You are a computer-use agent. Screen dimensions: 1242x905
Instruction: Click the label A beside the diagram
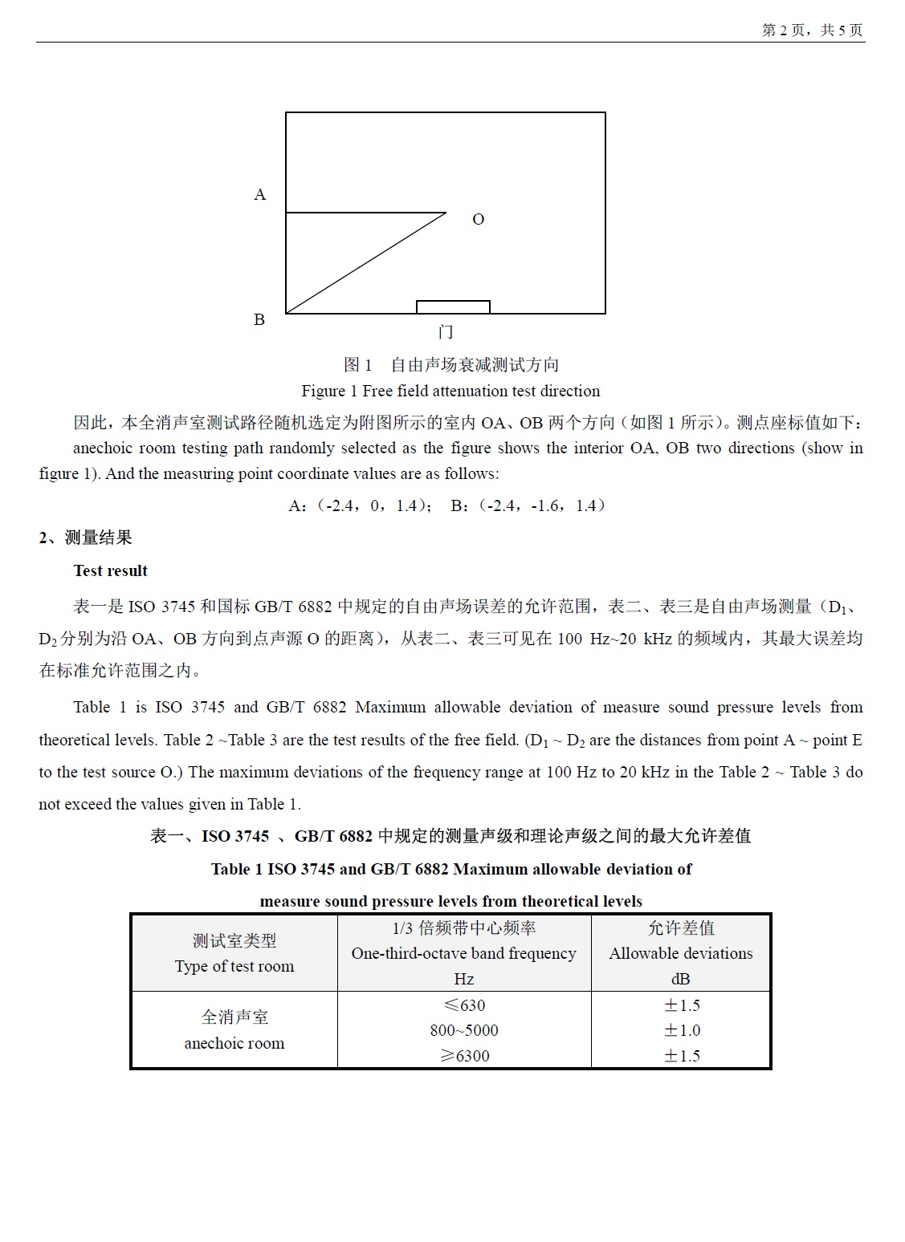[259, 195]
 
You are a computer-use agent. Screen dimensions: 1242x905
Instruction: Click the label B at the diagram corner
[259, 320]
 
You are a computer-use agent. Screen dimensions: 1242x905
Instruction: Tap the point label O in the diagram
[478, 220]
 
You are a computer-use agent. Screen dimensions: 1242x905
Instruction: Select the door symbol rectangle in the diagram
[453, 306]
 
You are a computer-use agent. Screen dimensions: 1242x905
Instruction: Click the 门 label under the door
[446, 332]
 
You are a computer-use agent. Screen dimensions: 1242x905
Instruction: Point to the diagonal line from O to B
[366, 263]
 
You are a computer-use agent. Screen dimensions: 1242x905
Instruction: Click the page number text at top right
[812, 30]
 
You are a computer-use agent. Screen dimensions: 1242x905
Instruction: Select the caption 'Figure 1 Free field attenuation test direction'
[450, 392]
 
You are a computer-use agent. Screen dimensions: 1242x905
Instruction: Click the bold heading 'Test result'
[111, 571]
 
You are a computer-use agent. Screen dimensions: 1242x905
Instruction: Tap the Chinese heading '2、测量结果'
[85, 538]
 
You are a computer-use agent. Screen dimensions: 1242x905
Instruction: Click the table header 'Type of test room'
[234, 967]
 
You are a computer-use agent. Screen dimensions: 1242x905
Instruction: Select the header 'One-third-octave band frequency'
[463, 954]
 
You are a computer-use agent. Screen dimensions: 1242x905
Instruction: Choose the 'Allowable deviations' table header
[681, 954]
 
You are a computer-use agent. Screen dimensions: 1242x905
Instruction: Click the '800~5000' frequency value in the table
[464, 1031]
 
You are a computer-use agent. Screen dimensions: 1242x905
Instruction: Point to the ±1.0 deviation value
[682, 1031]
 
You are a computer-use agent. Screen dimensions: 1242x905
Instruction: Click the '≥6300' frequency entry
[464, 1057]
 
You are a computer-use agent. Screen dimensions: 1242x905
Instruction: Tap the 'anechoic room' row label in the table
[234, 1044]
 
